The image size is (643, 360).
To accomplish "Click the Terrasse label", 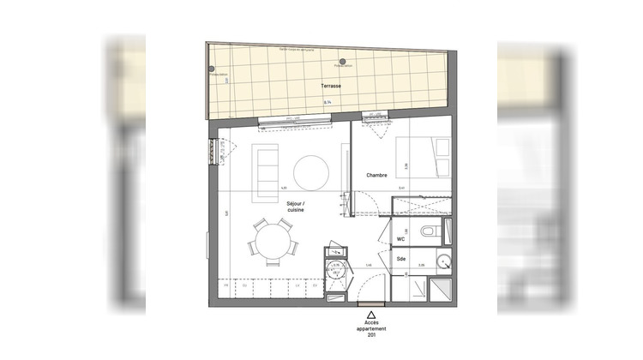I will click(x=330, y=87).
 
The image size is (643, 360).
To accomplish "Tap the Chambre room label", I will click(x=377, y=176).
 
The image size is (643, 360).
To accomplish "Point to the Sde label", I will click(x=401, y=259).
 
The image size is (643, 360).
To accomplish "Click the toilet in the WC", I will click(x=431, y=231).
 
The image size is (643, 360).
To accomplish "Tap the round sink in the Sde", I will click(x=442, y=261).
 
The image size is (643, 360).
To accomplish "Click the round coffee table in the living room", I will click(x=310, y=171).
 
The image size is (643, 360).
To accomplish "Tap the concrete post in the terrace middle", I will click(x=342, y=62).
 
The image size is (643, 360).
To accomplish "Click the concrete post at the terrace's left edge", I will click(x=211, y=69).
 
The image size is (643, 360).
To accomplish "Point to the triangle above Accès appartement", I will click(x=370, y=315).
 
